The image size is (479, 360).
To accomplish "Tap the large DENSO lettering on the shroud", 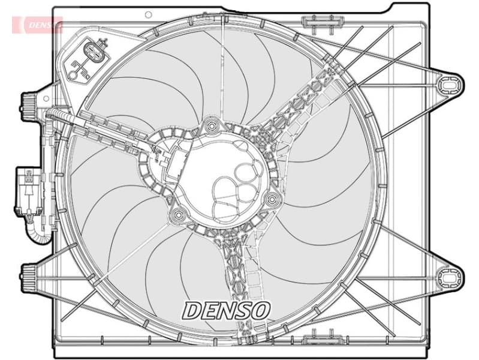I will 227,310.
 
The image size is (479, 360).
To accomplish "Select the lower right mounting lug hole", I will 447,277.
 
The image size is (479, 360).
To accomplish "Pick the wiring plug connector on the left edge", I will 27,191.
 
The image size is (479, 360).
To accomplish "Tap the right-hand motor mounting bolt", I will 273,199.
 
